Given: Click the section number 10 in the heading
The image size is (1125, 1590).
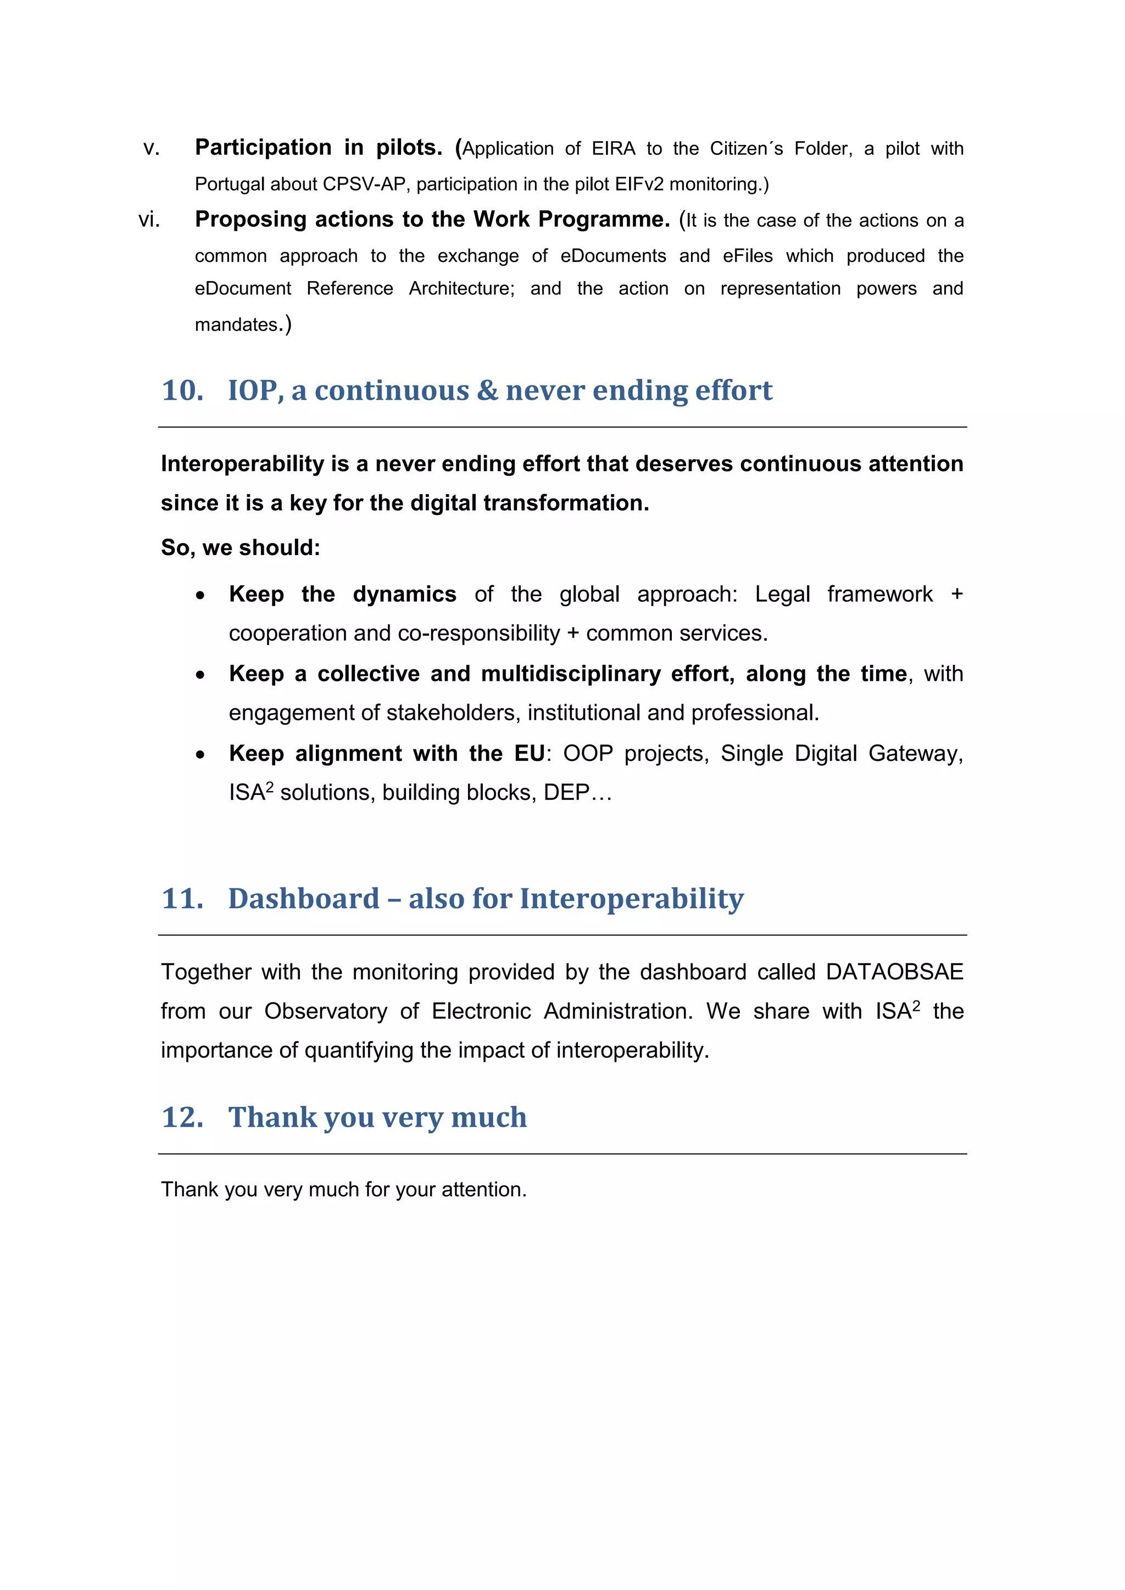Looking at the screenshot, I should point(182,390).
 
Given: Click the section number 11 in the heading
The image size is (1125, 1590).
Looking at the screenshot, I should point(182,899).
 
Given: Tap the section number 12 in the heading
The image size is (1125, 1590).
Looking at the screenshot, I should point(182,1118).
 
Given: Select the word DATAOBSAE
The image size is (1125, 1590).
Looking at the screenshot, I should point(894,972).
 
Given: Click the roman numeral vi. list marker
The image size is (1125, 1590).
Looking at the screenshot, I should point(149,220).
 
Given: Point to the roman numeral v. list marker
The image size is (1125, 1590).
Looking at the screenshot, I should point(151,149).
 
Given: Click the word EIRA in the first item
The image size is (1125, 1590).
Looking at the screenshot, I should point(613,149).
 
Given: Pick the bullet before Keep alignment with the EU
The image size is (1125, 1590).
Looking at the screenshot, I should point(200,755).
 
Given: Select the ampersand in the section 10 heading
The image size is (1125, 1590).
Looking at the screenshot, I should point(487,390).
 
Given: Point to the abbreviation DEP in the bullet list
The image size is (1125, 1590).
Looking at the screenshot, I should point(566,793).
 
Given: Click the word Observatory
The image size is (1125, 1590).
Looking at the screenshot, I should point(326,1012).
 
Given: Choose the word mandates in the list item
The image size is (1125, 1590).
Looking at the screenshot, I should point(236,325).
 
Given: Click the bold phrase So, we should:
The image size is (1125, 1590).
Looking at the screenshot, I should point(241,548).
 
